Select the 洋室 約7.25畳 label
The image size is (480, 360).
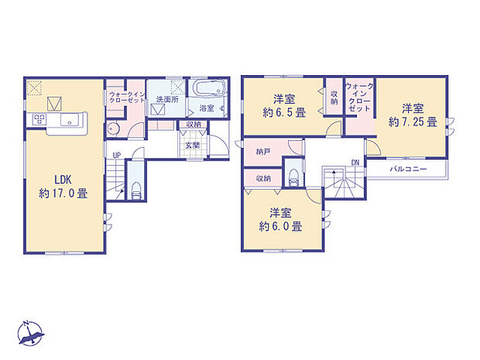coord(413,114)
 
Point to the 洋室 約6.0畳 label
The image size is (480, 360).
coord(279,220)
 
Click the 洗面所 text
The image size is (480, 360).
coord(164,100)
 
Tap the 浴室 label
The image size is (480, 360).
coord(206,108)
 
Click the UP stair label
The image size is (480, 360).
coord(116,156)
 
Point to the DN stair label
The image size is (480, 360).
coord(355,163)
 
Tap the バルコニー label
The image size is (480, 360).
coord(406,167)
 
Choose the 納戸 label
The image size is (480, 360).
coord(263,153)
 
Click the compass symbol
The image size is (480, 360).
coord(33,332)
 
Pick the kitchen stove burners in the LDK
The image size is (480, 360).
coord(39,120)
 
